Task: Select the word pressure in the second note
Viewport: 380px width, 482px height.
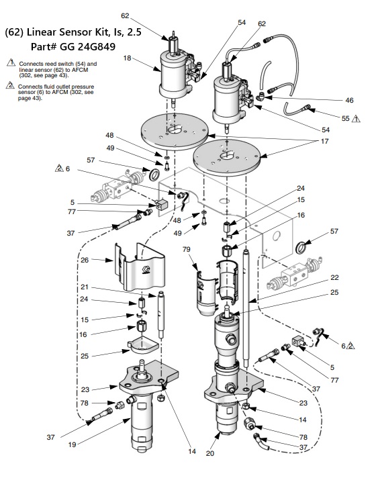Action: pos(82,87)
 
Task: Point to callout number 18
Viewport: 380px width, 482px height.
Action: pos(128,58)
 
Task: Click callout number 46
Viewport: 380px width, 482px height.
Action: pos(349,100)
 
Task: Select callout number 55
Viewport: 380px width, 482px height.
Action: pos(346,118)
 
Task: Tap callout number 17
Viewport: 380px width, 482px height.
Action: pos(325,142)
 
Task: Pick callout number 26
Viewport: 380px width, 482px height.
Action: pos(85,260)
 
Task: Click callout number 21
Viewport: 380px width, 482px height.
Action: pos(84,287)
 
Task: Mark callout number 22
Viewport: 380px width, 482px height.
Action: pos(334,277)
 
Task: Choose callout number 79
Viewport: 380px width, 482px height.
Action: pos(187,249)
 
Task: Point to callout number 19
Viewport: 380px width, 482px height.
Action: pos(72,444)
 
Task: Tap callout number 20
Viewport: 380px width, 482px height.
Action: pos(210,453)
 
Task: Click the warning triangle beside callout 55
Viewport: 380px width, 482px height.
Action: pos(356,118)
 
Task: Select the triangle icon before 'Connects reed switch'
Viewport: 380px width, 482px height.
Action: pos(11,62)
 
